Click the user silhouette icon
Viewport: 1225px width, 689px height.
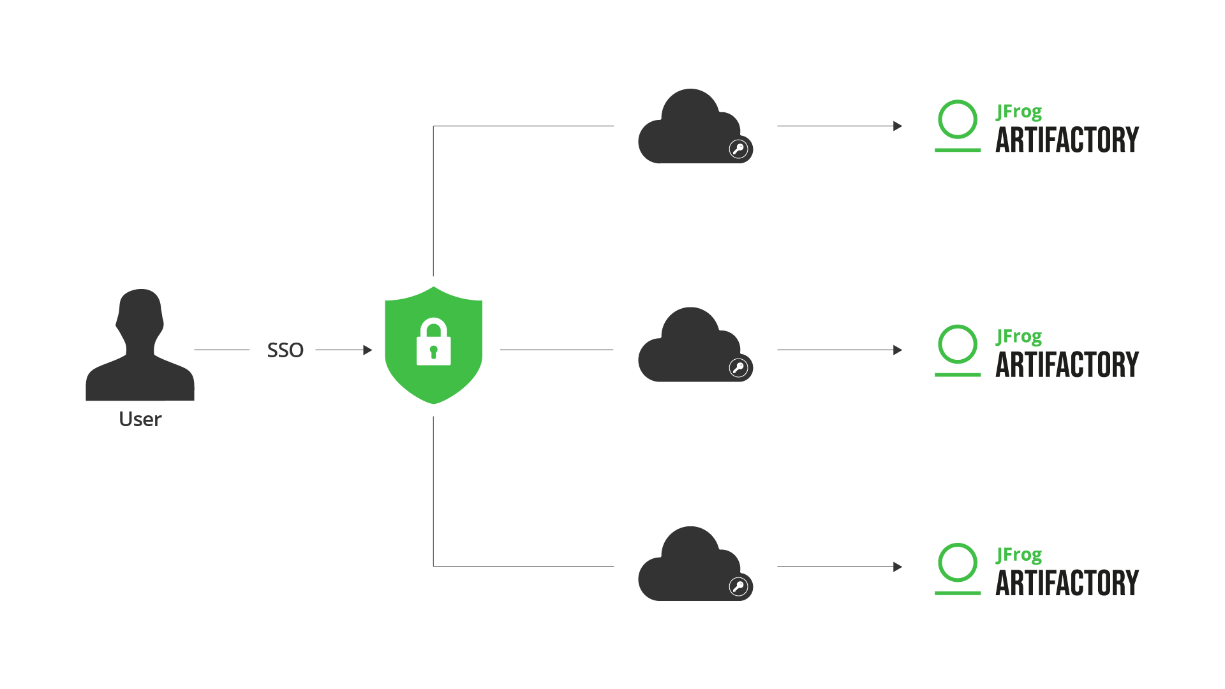click(140, 348)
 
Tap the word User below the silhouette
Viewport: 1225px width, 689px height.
click(140, 419)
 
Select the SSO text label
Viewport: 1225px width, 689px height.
click(285, 350)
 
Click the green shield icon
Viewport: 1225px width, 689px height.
click(434, 345)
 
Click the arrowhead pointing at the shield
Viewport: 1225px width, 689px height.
click(367, 350)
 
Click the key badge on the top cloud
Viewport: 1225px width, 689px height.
click(739, 149)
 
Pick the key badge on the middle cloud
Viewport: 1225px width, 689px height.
click(739, 368)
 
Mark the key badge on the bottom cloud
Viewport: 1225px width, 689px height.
click(739, 587)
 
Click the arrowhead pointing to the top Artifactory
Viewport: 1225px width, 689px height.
click(898, 126)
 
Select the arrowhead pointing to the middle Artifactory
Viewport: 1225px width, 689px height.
click(898, 350)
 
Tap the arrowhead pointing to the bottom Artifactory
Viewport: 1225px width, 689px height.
click(898, 567)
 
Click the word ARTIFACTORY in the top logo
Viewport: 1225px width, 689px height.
click(1067, 140)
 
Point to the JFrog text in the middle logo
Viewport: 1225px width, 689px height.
click(1019, 336)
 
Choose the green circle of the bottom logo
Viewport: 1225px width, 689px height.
click(958, 563)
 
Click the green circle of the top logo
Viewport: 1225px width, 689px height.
click(958, 119)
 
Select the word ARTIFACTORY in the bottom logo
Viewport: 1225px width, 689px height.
click(1067, 584)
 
